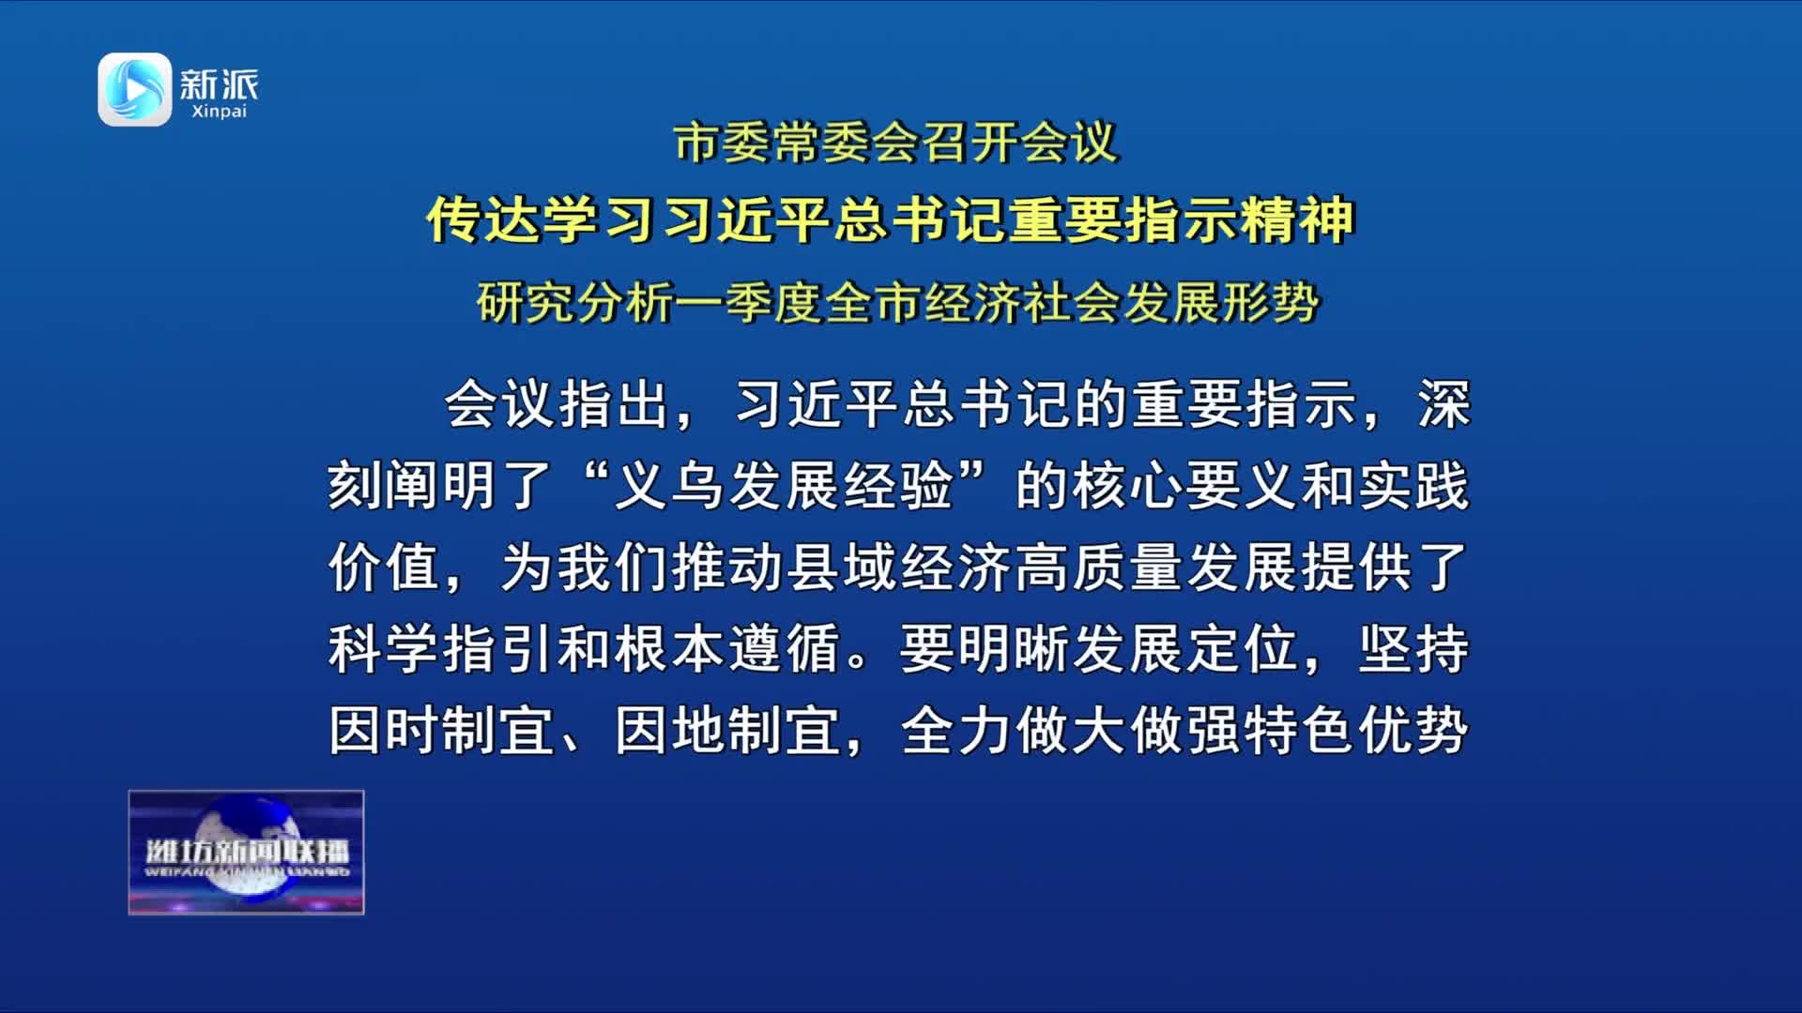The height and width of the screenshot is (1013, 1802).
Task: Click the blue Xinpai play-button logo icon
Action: coord(135,89)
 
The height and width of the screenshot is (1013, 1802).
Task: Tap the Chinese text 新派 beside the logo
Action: coord(219,84)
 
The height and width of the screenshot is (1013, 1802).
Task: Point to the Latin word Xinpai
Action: coord(219,112)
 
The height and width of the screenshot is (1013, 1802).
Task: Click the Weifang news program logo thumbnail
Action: coord(246,852)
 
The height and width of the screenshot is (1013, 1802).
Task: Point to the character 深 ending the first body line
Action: coord(1443,405)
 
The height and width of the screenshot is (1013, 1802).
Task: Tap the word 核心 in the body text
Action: coord(1128,486)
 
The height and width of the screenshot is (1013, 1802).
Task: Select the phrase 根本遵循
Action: coord(727,648)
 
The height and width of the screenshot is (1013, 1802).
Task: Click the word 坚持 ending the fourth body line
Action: coord(1414,648)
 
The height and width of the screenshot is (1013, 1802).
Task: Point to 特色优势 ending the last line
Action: coord(1357,730)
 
